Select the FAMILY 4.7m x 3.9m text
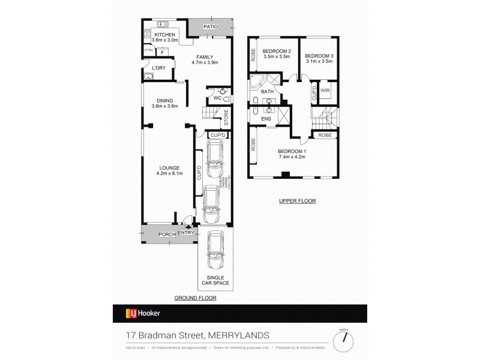pos(204,59)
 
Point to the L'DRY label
pos(158,68)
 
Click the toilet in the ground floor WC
pos(221,92)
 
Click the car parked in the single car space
pos(214,250)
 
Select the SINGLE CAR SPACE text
pos(214,280)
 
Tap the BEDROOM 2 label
pos(277,54)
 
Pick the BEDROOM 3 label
pos(319,58)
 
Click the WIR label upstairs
pos(325,91)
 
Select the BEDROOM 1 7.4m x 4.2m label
pos(292,154)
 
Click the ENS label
pos(266,119)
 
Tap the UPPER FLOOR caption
pos(297,201)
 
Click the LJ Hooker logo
pos(142,313)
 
